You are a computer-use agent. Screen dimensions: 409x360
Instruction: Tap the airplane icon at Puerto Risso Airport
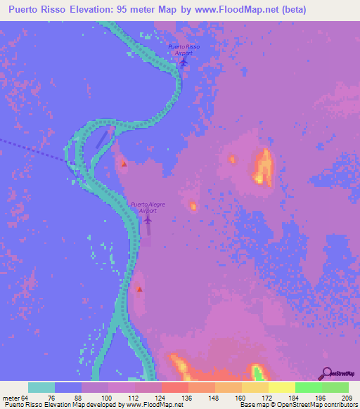[x=184, y=62]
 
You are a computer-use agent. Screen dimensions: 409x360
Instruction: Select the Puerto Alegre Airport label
[x=148, y=207]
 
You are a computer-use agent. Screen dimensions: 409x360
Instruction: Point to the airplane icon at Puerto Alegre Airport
[x=148, y=220]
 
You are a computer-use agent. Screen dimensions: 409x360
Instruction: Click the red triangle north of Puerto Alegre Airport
[x=124, y=164]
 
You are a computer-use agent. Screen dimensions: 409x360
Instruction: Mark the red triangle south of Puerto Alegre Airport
[x=139, y=289]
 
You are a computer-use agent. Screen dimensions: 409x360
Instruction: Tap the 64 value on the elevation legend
[x=26, y=399]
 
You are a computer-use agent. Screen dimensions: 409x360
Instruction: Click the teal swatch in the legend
[x=41, y=387]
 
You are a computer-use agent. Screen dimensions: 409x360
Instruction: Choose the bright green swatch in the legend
[x=308, y=387]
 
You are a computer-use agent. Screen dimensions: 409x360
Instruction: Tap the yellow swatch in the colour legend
[x=281, y=387]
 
